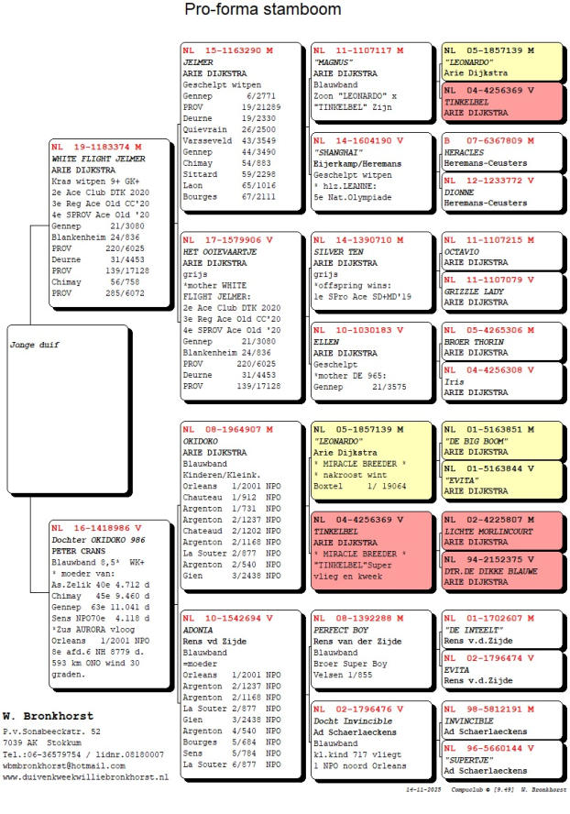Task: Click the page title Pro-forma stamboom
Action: point(263,10)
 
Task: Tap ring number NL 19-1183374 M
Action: point(96,147)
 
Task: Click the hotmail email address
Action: point(61,764)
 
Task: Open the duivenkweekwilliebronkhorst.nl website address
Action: point(85,776)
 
